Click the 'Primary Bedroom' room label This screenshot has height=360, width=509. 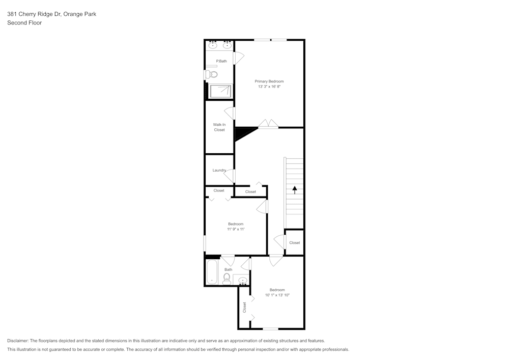coord(269,81)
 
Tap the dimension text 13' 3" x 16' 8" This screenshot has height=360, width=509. coord(269,87)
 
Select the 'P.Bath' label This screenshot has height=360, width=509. coord(221,62)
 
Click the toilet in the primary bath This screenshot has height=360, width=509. coord(212,74)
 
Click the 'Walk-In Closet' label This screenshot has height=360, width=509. coord(219,127)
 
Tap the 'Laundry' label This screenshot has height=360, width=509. coord(219,170)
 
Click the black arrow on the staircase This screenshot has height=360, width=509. coord(294,190)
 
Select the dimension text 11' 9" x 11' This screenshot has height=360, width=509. coord(236,230)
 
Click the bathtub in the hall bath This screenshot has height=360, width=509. coord(212,272)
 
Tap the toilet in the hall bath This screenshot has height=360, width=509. coord(227,278)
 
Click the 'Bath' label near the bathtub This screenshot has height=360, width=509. coord(228,270)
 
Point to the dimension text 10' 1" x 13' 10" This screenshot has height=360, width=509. coord(277,295)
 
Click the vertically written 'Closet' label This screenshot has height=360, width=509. coord(244,307)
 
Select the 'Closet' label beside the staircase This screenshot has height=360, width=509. coord(294,243)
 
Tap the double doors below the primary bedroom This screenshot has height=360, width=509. coord(268,124)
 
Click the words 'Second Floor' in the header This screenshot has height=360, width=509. coord(24,23)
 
